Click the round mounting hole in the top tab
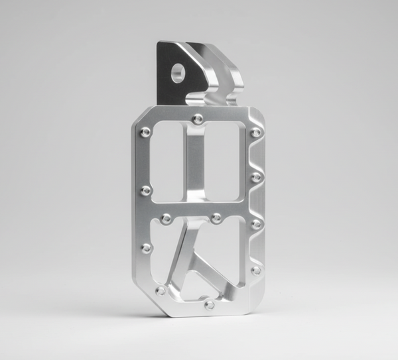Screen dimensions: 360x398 (177, 72)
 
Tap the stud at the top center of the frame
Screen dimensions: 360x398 (198, 119)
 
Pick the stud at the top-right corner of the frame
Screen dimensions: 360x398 (255, 133)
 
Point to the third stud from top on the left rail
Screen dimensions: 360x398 (147, 247)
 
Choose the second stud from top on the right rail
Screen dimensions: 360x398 (256, 177)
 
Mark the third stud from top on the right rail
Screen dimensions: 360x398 (256, 224)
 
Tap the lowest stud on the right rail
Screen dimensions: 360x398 (256, 270)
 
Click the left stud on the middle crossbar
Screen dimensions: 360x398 (166, 217)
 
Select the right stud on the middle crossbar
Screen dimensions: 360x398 (216, 217)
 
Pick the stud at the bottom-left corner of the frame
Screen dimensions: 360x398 (160, 290)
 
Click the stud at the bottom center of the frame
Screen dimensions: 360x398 (210, 305)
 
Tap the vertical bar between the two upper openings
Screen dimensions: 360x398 (193, 166)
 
